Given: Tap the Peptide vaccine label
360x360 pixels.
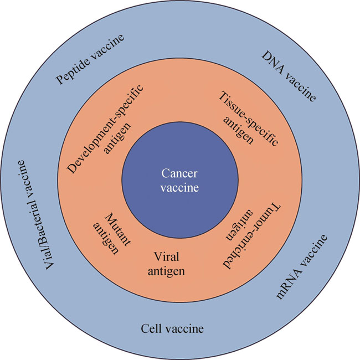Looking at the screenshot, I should pyautogui.click(x=90, y=61).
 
